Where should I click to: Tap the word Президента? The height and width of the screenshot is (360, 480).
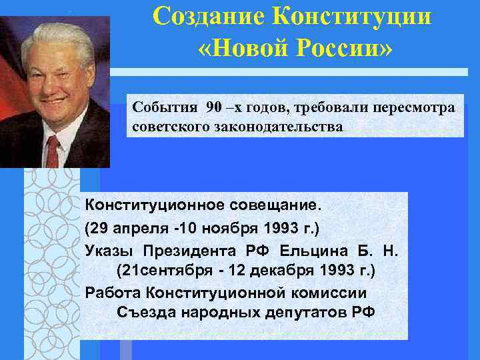[187, 250]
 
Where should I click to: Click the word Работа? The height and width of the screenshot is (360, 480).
[113, 293]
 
